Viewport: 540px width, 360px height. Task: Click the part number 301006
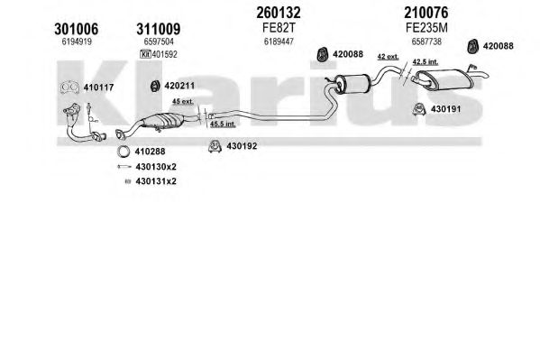76,29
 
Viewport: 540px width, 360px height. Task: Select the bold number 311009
159,29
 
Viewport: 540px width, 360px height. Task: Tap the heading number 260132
279,13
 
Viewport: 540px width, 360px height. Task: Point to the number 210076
426,13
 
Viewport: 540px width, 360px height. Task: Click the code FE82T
279,28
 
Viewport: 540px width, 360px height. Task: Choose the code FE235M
426,28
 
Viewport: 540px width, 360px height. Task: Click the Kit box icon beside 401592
146,54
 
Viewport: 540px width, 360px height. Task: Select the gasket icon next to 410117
69,88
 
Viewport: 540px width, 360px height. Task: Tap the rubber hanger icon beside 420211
155,86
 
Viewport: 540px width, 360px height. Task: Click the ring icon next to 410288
124,152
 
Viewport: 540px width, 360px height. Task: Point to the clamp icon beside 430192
215,146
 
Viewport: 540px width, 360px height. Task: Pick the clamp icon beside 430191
419,109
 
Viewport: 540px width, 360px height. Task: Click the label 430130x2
156,167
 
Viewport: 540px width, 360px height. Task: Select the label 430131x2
156,181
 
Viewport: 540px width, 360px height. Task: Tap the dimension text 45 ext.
182,102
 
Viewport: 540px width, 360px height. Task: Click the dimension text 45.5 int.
223,124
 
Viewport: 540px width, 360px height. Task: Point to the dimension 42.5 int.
425,61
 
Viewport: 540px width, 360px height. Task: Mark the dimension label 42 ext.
388,57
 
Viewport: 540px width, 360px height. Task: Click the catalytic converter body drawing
162,122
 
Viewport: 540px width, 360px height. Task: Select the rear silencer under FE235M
444,79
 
